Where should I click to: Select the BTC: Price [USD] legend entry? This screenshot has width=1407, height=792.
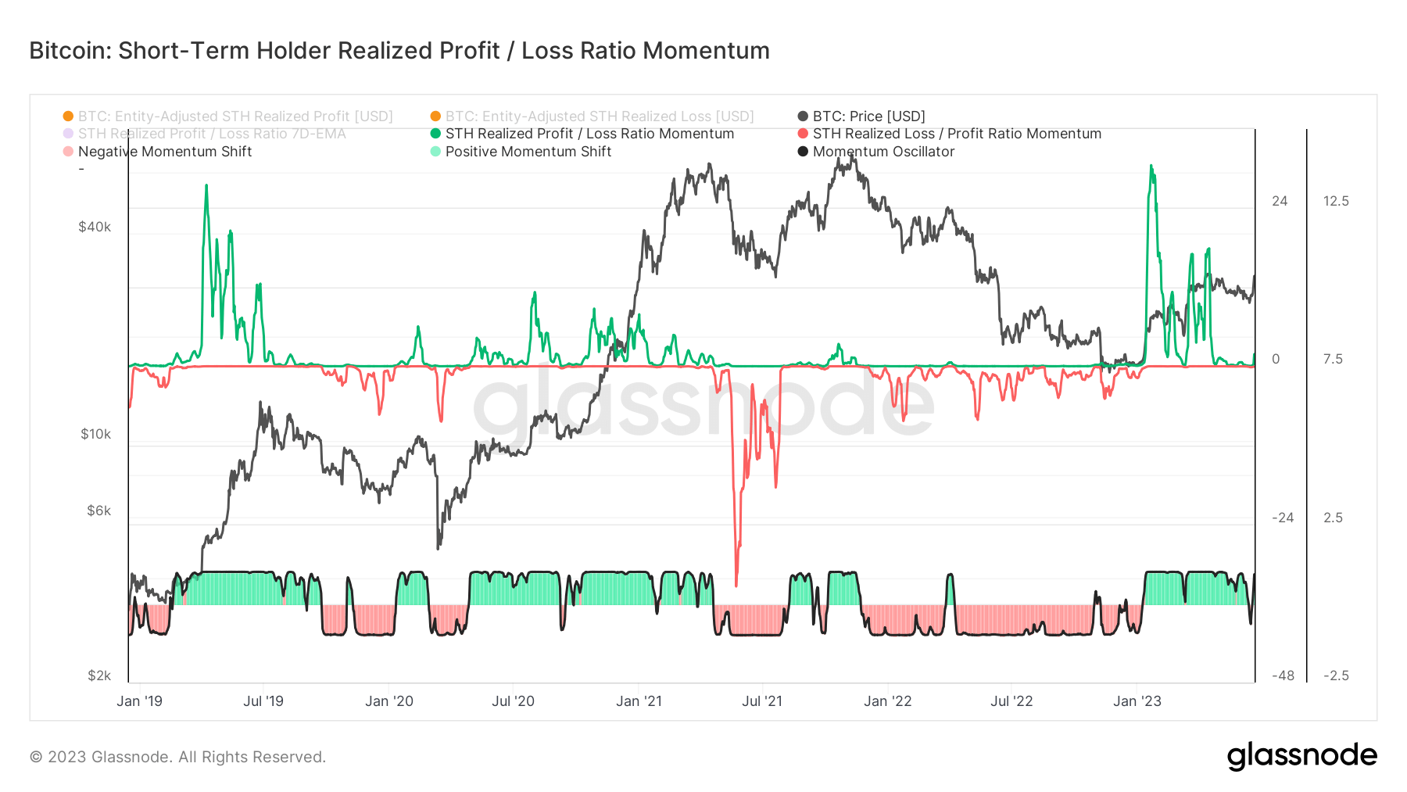(x=868, y=116)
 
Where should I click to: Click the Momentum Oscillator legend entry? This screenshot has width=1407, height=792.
(x=883, y=152)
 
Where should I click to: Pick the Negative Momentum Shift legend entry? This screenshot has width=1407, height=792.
(x=164, y=152)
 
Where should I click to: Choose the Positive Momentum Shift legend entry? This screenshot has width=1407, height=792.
(x=528, y=152)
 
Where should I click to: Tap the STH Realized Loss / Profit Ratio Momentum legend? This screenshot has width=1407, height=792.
(x=956, y=134)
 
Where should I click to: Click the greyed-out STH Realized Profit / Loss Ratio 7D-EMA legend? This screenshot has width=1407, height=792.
(x=211, y=134)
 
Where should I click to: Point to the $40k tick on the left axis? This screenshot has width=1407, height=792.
(x=95, y=227)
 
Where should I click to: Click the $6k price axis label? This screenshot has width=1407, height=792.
(x=98, y=511)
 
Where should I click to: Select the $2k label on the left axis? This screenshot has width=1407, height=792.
(x=98, y=676)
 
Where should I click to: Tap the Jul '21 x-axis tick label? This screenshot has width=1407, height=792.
(x=761, y=701)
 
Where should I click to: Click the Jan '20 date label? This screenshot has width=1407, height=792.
(x=388, y=701)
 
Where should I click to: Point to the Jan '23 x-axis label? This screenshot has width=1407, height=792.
(x=1137, y=701)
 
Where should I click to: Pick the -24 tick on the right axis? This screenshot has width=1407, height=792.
(x=1282, y=518)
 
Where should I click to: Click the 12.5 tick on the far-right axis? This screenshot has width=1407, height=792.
(x=1336, y=201)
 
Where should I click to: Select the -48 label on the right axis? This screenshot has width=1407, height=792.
(x=1282, y=676)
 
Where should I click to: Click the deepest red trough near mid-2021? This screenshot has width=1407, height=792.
(x=736, y=583)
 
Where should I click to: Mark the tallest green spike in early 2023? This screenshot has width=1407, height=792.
(x=1151, y=167)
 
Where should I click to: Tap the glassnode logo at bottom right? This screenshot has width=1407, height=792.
(x=1301, y=756)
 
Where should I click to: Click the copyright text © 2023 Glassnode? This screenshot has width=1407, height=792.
(x=177, y=757)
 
